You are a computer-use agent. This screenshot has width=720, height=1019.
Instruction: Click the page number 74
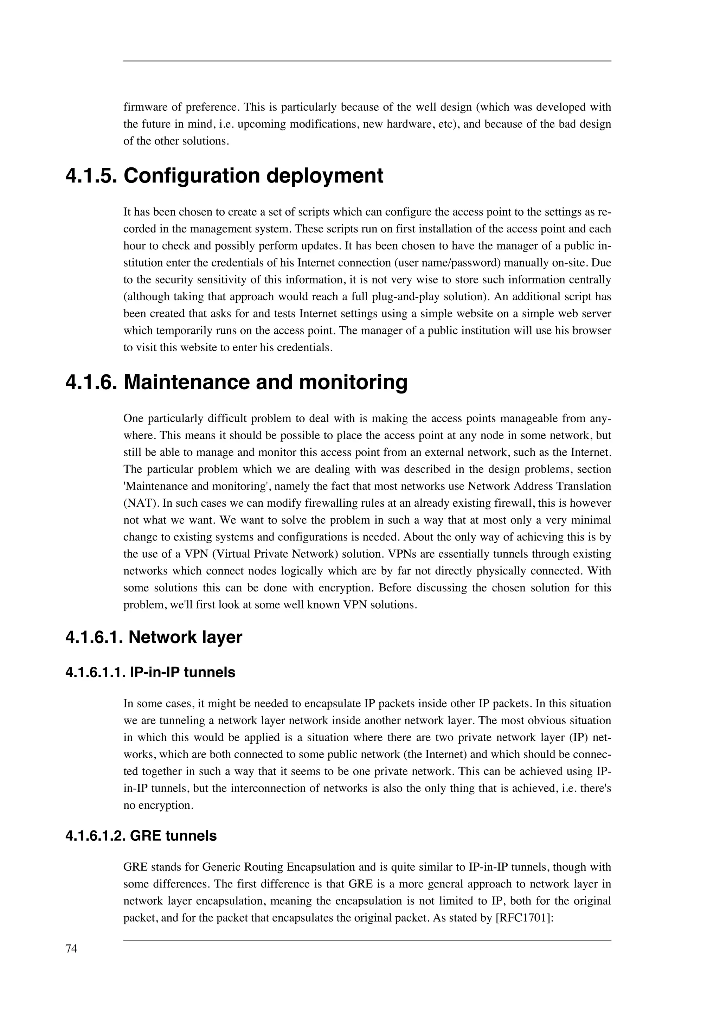71,949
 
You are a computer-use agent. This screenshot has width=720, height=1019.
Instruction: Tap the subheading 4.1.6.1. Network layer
154,637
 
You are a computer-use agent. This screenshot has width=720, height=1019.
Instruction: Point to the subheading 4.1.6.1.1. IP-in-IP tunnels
150,672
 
